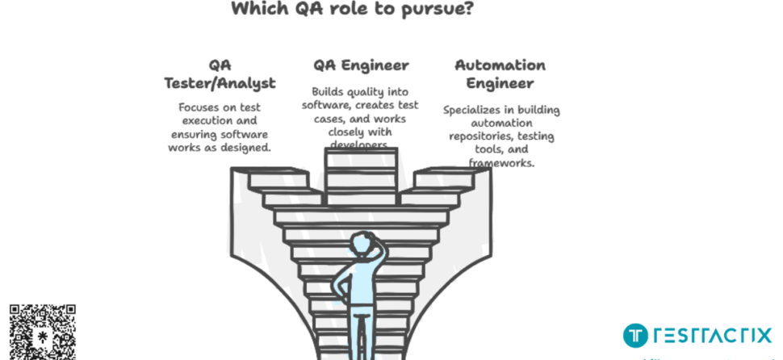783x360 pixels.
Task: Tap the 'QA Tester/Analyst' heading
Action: pos(220,73)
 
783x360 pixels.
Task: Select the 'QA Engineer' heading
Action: pos(361,65)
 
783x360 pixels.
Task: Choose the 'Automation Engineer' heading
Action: pos(500,73)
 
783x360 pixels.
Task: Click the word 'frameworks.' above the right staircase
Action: pos(501,162)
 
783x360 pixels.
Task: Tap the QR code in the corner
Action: pos(42,332)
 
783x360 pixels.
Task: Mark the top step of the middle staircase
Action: pos(361,153)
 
